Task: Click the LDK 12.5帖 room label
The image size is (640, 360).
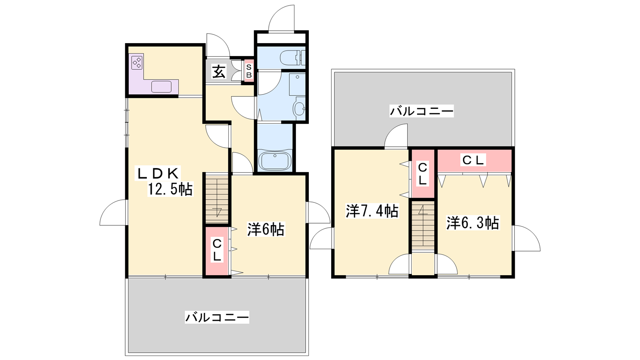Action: (x=164, y=181)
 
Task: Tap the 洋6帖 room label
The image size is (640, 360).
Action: (x=266, y=229)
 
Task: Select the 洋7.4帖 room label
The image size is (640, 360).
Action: (x=372, y=211)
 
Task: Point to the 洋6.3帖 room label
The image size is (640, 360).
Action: (x=473, y=223)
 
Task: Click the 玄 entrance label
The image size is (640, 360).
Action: (x=219, y=72)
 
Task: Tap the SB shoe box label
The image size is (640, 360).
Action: (x=249, y=71)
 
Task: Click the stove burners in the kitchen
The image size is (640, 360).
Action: (x=136, y=62)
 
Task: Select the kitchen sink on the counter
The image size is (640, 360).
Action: (x=162, y=86)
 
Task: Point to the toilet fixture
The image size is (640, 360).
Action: (x=292, y=58)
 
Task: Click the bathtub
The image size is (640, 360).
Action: (x=274, y=160)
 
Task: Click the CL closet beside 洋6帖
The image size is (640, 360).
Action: (x=217, y=250)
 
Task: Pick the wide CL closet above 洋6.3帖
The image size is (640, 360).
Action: (x=474, y=160)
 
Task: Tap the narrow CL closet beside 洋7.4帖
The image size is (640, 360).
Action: (x=423, y=174)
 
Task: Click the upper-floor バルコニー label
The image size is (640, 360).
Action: (x=422, y=111)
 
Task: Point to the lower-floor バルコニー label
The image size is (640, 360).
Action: (x=217, y=318)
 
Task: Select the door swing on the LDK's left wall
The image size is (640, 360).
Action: (x=112, y=212)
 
